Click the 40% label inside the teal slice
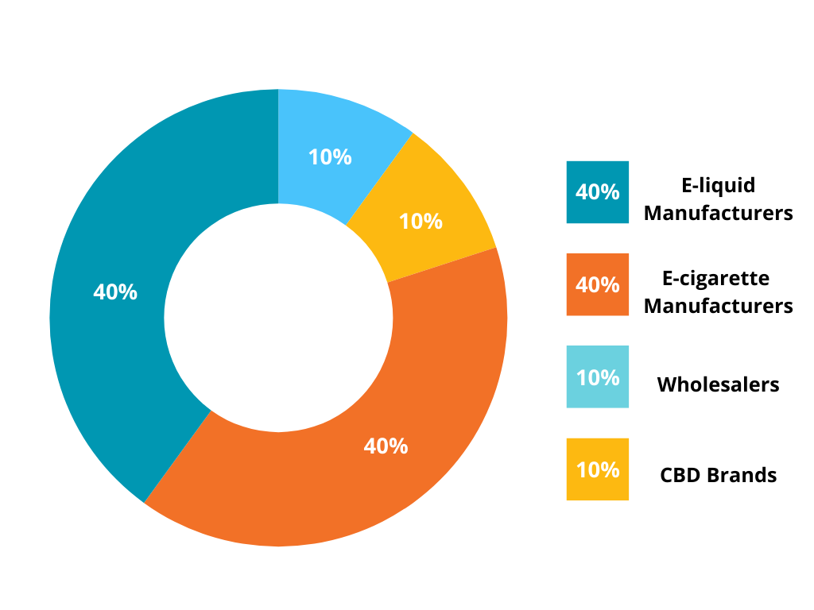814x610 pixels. point(115,292)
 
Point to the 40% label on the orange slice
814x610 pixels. point(386,446)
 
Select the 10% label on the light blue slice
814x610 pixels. point(330,157)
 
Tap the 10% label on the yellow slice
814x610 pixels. point(421,221)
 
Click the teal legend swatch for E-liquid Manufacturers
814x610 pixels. point(597,192)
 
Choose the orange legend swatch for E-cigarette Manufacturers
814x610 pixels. point(597,284)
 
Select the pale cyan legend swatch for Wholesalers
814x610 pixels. point(597,376)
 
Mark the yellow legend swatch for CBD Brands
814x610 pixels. point(597,469)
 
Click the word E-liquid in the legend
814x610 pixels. point(718,186)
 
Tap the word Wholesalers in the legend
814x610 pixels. point(718,385)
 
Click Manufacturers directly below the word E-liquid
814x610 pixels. point(718,214)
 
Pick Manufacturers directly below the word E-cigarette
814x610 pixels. point(718,306)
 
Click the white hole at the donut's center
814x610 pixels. point(278,318)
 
